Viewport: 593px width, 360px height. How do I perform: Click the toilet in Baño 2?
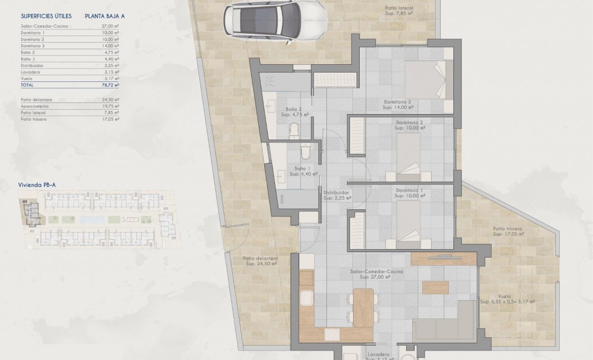point(294,131)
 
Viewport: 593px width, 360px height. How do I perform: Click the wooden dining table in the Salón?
point(363,308)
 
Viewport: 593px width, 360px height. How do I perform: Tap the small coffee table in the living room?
point(435,287)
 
